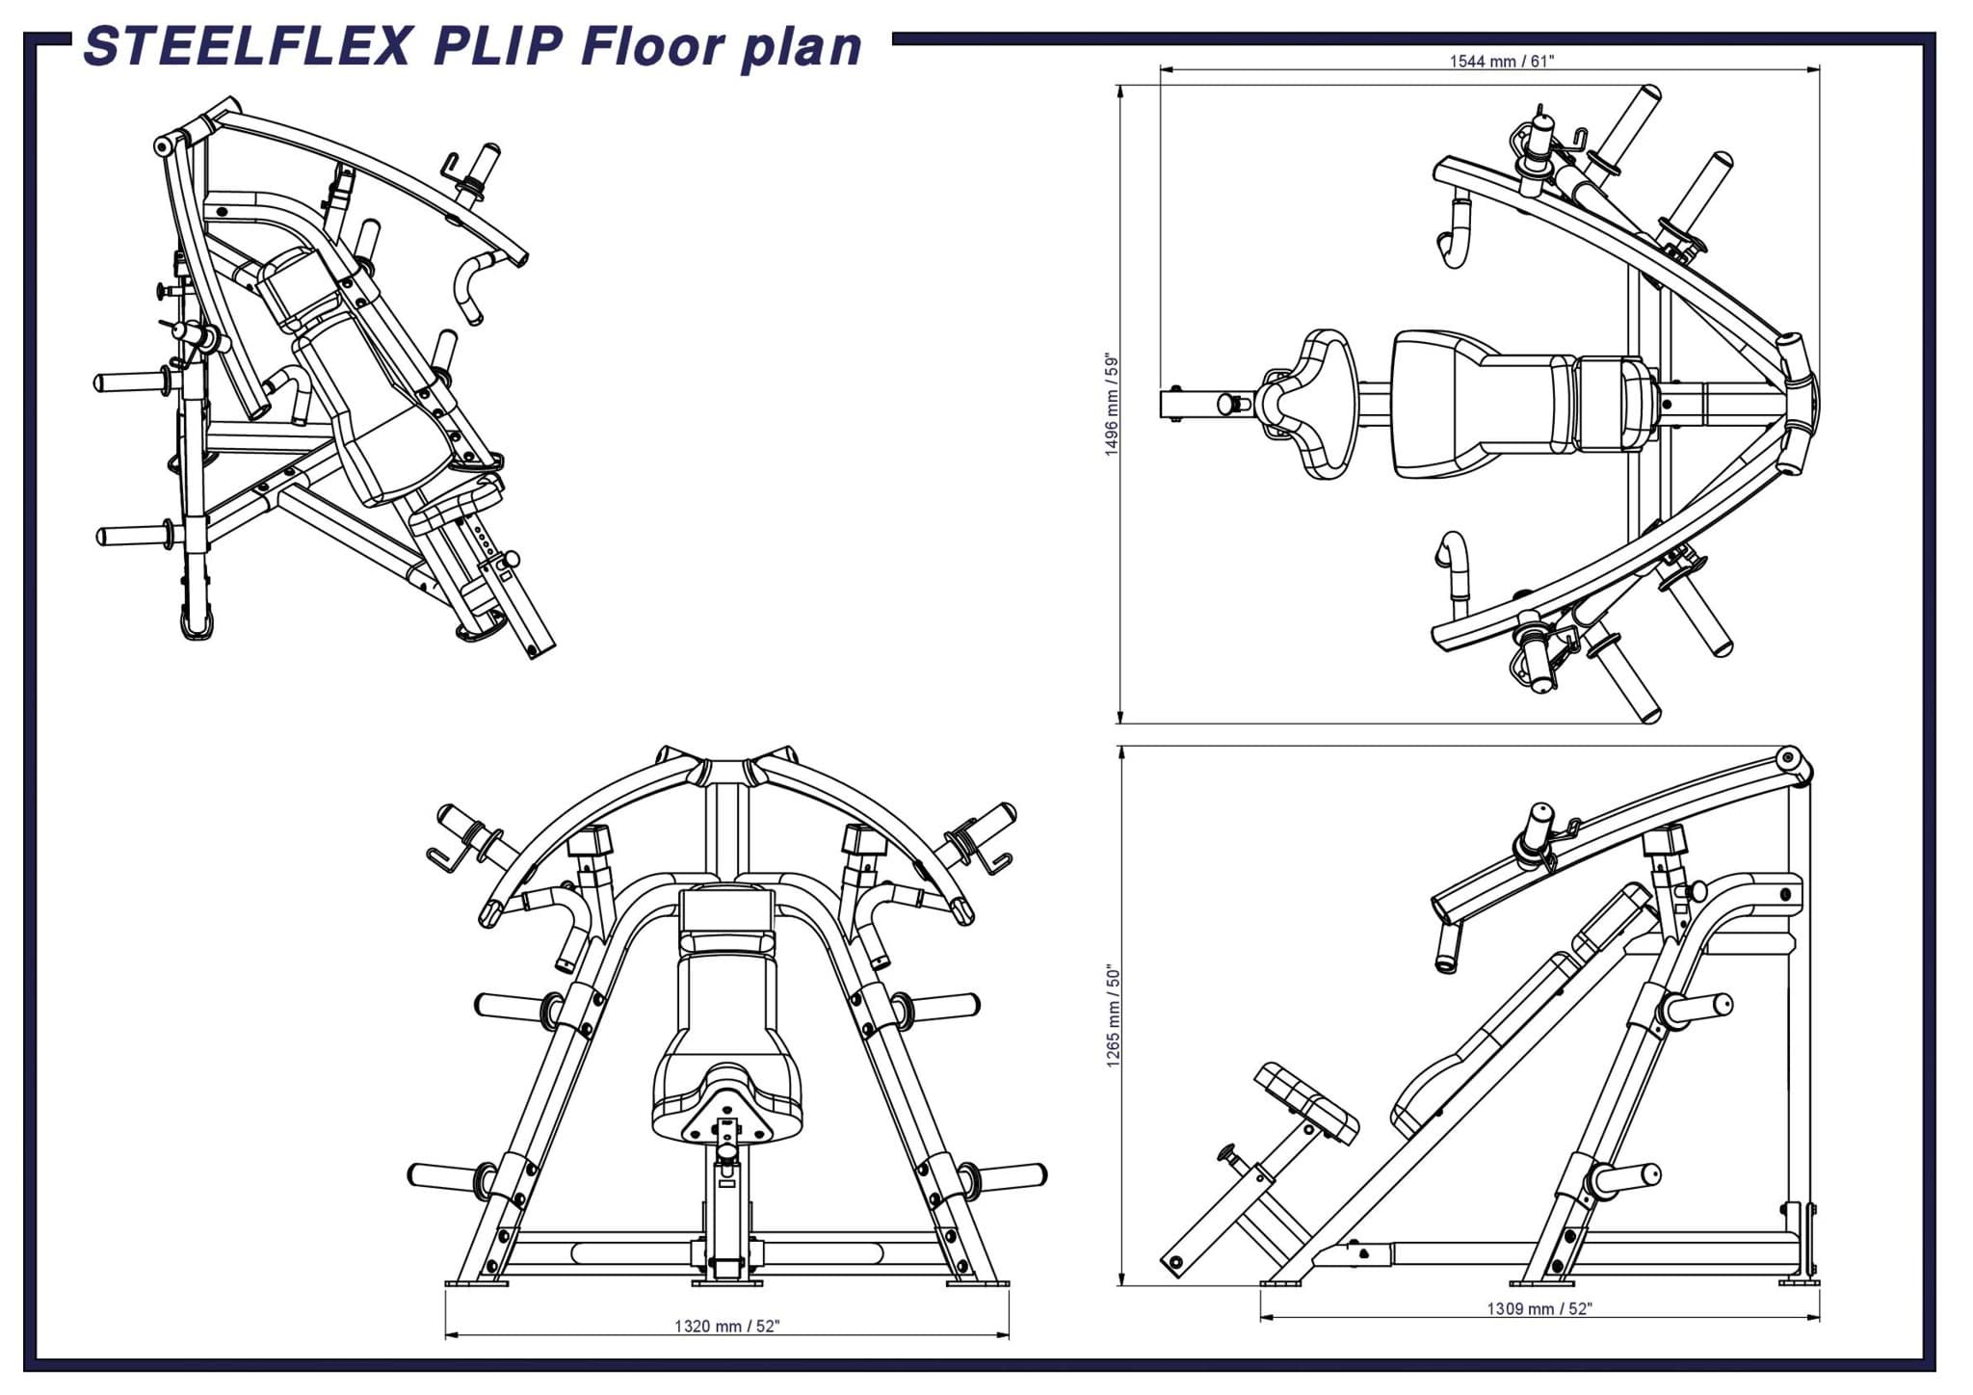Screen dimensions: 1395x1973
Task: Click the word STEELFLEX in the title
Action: point(249,46)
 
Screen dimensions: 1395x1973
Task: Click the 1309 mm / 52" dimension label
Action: point(1539,1308)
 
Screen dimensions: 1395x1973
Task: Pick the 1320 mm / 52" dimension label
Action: point(726,1326)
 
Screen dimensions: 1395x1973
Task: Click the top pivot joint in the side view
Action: point(1790,757)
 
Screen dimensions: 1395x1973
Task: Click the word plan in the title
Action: point(802,46)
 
